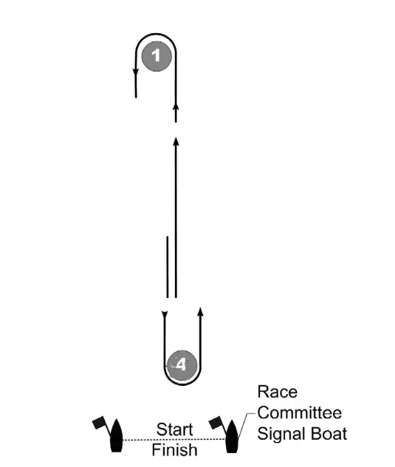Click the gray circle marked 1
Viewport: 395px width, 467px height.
coord(157,57)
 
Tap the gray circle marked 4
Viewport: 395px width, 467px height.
coord(182,365)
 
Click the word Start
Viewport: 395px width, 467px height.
coord(175,429)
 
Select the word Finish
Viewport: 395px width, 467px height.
coord(175,450)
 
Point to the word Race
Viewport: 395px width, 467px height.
coord(278,392)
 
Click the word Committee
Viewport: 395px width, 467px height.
coord(300,413)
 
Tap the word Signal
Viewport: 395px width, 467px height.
coord(281,435)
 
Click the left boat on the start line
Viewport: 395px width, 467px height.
coord(116,435)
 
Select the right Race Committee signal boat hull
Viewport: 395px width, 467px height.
coord(232,436)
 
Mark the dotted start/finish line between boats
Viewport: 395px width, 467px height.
coord(174,440)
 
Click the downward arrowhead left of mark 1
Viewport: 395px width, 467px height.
coord(136,72)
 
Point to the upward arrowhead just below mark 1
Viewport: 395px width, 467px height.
coord(176,107)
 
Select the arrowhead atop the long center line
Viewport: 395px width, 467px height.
coord(176,142)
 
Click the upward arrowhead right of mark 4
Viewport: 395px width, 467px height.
coord(200,312)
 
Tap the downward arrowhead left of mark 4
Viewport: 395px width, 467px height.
coord(165,314)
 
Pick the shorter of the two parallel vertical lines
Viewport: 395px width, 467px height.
coord(168,267)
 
